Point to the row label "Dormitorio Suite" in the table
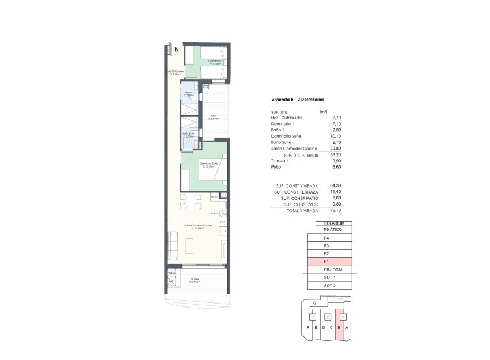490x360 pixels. tap(286, 136)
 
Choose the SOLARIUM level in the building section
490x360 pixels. tap(334, 223)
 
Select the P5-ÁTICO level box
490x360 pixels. tap(333, 230)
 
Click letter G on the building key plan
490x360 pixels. tap(314, 303)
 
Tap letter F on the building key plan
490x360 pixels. tap(308, 328)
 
